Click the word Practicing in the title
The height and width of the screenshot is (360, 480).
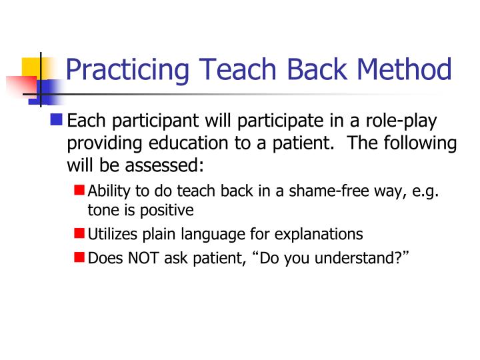click(127, 69)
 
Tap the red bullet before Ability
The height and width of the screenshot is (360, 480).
click(79, 191)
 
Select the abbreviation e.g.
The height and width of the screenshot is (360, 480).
click(426, 191)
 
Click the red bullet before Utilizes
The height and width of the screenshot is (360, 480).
click(79, 233)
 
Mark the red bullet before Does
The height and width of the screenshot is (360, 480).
click(79, 256)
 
